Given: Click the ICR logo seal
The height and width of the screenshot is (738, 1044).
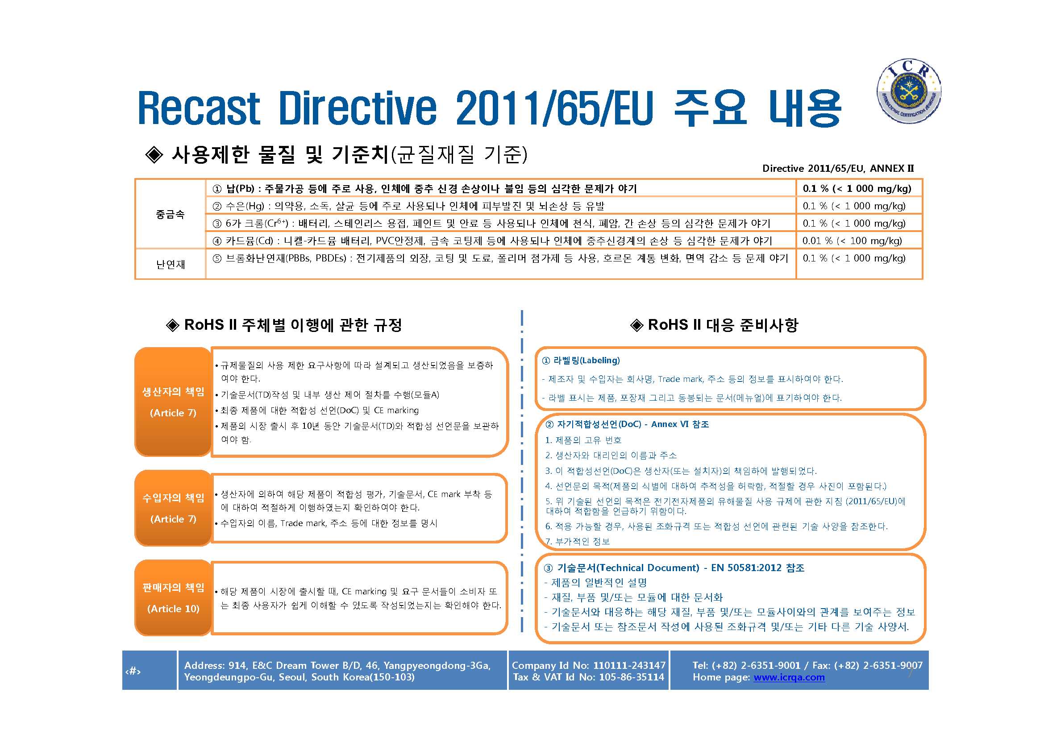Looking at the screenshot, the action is tap(908, 91).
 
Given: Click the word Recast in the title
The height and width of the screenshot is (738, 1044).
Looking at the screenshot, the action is tap(199, 108).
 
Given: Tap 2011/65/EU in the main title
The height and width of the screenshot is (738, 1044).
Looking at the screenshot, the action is tap(554, 108).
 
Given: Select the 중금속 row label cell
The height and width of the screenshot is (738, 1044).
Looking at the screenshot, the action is tap(170, 214).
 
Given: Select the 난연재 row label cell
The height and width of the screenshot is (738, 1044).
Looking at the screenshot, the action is tap(170, 264).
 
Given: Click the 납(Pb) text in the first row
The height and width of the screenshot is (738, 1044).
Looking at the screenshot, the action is tap(240, 189).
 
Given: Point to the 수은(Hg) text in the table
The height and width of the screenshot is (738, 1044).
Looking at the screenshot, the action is tap(245, 206).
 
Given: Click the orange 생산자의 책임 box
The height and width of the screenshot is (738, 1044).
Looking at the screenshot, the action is tap(173, 402).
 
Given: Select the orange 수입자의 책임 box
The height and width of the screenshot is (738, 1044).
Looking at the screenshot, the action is tap(173, 508).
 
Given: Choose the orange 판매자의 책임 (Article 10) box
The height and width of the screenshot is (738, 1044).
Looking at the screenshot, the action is tap(173, 597).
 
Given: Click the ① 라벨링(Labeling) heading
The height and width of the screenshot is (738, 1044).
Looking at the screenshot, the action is tap(581, 361).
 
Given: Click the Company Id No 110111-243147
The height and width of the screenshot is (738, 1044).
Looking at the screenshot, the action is tap(588, 665).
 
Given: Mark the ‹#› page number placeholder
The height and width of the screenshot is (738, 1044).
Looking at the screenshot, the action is tap(133, 671).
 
